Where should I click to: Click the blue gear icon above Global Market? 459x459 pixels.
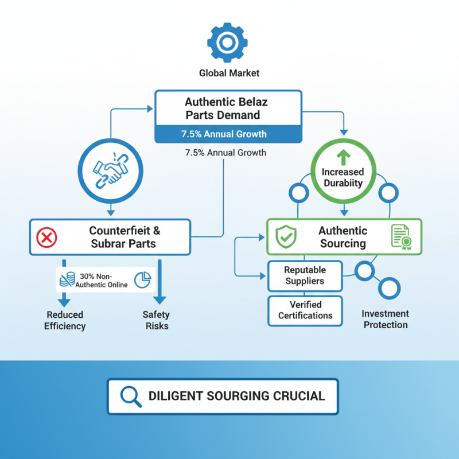pyautogui.click(x=227, y=42)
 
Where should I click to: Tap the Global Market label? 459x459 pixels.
pyautogui.click(x=229, y=73)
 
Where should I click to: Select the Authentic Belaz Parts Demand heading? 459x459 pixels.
pyautogui.click(x=226, y=108)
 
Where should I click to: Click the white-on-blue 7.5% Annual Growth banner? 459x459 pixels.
pyautogui.click(x=224, y=134)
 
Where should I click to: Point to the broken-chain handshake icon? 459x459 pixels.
pyautogui.click(x=110, y=171)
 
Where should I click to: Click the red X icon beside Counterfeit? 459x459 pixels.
pyautogui.click(x=46, y=238)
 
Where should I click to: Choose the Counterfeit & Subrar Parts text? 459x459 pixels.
pyautogui.click(x=124, y=237)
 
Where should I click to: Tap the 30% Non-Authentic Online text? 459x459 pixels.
pyautogui.click(x=102, y=281)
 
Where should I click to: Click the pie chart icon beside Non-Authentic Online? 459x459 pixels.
pyautogui.click(x=142, y=280)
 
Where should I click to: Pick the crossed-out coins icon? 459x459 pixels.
pyautogui.click(x=67, y=279)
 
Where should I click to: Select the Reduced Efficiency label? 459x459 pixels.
pyautogui.click(x=65, y=320)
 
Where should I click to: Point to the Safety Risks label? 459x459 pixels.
pyautogui.click(x=156, y=320)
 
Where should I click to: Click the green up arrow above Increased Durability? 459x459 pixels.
pyautogui.click(x=343, y=158)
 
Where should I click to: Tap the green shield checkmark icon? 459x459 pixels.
pyautogui.click(x=286, y=237)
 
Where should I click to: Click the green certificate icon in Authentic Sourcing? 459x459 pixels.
pyautogui.click(x=401, y=237)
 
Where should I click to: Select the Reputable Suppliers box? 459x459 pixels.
pyautogui.click(x=305, y=276)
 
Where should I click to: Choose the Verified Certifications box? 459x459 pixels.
pyautogui.click(x=305, y=310)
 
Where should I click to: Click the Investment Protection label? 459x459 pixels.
pyautogui.click(x=385, y=319)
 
